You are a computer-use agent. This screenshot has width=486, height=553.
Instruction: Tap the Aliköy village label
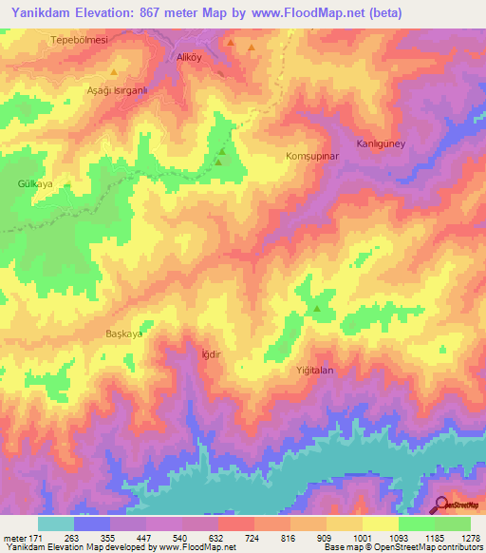point(192,57)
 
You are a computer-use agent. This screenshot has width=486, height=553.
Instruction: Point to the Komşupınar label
point(312,154)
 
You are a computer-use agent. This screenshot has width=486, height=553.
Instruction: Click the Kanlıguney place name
point(381,143)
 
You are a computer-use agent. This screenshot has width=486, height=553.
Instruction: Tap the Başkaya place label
point(123,334)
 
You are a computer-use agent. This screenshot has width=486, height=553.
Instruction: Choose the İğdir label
point(212,354)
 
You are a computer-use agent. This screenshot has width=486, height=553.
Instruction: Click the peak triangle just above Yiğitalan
point(317,308)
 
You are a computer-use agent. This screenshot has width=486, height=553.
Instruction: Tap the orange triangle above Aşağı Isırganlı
point(114,72)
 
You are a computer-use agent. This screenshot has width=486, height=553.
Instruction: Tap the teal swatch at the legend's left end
point(56,524)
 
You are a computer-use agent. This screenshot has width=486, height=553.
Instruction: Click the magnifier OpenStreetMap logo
point(441,505)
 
